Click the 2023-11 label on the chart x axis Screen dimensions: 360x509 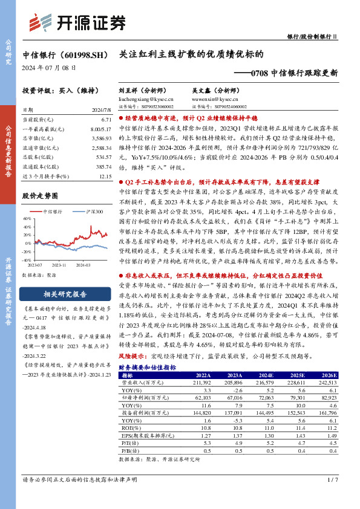(x=59, y=264)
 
